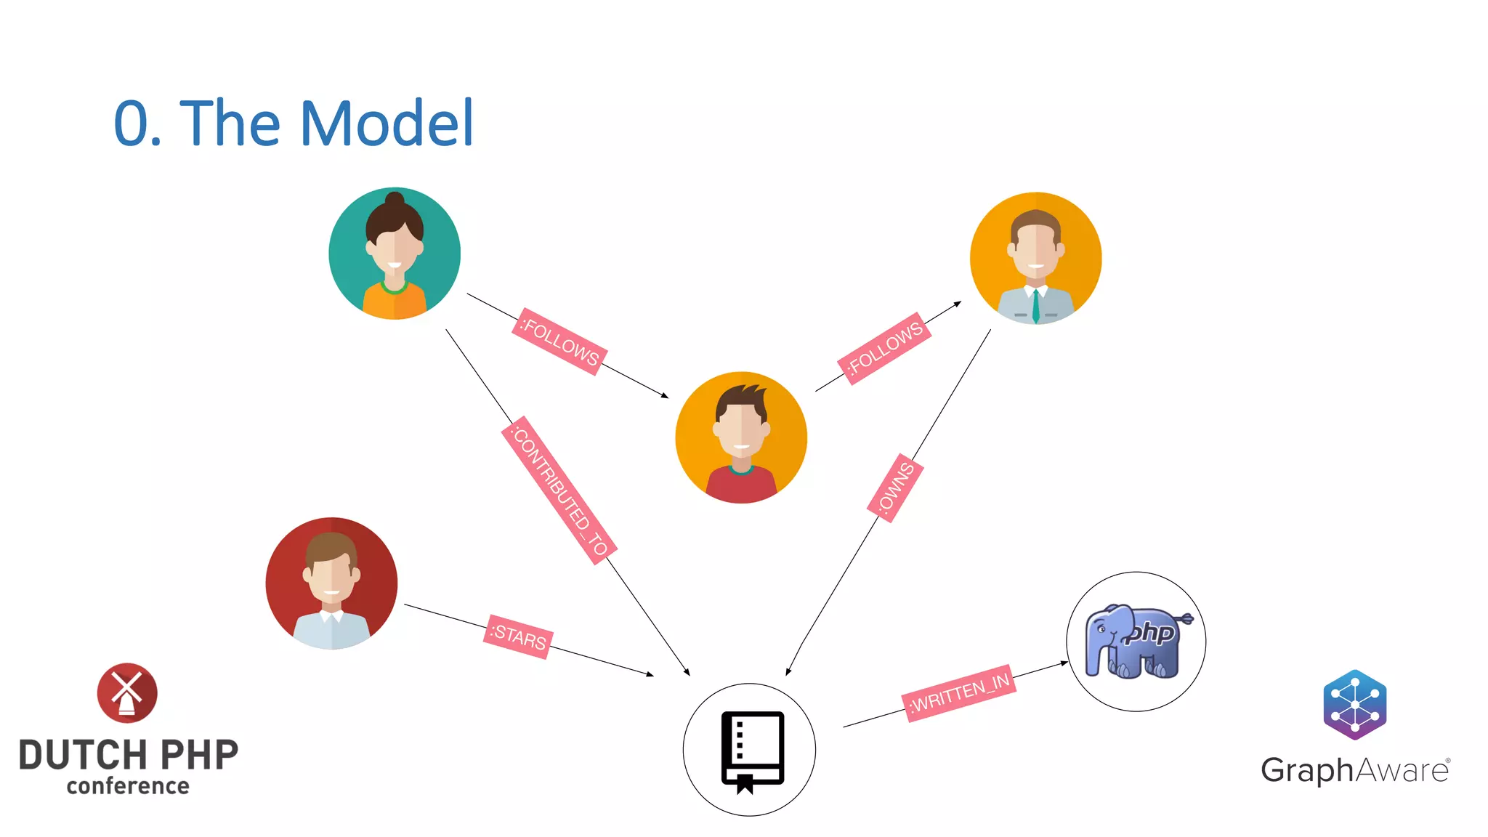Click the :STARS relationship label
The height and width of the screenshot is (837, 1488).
point(518,637)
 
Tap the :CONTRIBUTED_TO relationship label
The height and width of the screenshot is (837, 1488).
point(559,490)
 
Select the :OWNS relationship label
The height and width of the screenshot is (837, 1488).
point(895,488)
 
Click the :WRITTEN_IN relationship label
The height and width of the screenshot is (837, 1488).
point(959,692)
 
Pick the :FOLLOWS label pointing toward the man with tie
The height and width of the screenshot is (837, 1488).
point(884,348)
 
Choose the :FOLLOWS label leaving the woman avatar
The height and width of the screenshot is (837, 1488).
point(559,341)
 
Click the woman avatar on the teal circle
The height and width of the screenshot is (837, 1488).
point(395,254)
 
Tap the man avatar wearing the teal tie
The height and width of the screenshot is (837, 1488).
point(1035,258)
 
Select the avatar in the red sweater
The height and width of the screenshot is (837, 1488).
point(741,437)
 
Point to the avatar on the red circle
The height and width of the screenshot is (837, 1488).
point(331,583)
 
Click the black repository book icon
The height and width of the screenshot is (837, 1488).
point(752,751)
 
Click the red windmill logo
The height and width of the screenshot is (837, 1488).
point(127,692)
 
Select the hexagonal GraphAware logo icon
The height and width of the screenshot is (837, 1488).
point(1355,705)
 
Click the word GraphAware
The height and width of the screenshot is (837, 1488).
point(1355,770)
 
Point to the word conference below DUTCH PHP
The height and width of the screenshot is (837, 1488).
point(128,786)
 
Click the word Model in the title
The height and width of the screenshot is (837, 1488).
point(387,124)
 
